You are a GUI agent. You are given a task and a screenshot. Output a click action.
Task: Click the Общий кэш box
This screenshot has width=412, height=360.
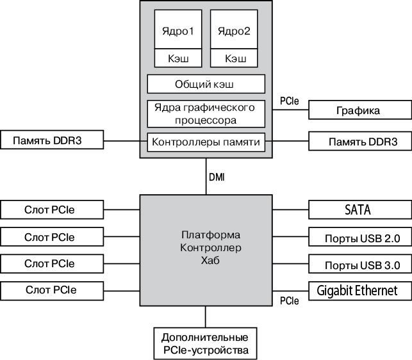point(206,84)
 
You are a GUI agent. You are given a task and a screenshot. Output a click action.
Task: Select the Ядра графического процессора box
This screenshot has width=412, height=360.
point(206,113)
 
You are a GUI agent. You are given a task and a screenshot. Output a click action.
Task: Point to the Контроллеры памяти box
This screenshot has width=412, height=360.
point(206,142)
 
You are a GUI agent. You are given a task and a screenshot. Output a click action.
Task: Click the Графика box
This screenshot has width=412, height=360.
point(359,110)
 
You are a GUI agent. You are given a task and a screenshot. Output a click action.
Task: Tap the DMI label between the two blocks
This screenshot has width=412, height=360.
point(217,177)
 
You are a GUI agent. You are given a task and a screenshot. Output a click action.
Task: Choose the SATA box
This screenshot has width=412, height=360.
point(359,209)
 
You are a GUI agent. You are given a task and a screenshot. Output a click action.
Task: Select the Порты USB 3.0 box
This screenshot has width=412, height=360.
point(359,264)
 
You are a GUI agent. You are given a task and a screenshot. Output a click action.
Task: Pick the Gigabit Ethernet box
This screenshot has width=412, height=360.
point(359,291)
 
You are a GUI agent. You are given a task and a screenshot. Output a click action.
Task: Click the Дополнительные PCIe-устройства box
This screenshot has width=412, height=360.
point(205,344)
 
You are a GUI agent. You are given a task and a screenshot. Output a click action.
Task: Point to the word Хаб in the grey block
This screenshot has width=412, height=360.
point(206,260)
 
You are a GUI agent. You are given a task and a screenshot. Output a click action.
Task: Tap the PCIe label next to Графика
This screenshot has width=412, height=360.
point(290,101)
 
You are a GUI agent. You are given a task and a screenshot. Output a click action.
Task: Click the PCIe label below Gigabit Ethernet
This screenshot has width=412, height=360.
point(290,300)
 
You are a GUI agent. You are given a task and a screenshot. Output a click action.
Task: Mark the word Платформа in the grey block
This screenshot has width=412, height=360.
point(206,234)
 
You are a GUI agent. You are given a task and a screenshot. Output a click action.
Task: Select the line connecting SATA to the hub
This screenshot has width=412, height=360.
point(290,209)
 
